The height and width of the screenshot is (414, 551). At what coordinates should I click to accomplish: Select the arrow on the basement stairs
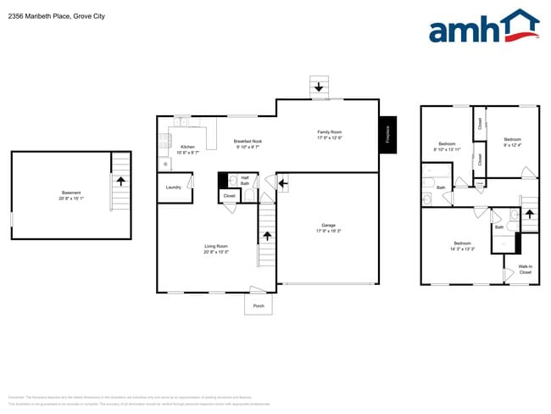(120, 181)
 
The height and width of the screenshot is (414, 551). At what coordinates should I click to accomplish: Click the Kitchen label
(187, 147)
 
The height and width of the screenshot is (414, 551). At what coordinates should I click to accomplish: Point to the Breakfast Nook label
(248, 142)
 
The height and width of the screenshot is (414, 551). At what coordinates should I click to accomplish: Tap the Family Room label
(330, 132)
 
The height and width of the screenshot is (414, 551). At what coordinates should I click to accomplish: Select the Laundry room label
(173, 187)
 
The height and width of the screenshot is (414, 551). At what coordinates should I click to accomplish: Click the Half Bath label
(244, 180)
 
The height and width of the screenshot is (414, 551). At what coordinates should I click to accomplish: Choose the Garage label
(328, 225)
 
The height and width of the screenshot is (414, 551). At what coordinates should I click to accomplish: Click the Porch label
(259, 306)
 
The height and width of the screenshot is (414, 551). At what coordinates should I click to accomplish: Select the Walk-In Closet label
(525, 269)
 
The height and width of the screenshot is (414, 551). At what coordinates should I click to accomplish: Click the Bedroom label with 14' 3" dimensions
(462, 243)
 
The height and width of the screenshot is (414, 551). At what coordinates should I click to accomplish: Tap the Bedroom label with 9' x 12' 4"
(512, 139)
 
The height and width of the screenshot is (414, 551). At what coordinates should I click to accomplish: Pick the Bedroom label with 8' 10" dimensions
(447, 144)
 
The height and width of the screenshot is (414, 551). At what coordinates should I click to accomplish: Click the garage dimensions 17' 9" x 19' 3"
(328, 231)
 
